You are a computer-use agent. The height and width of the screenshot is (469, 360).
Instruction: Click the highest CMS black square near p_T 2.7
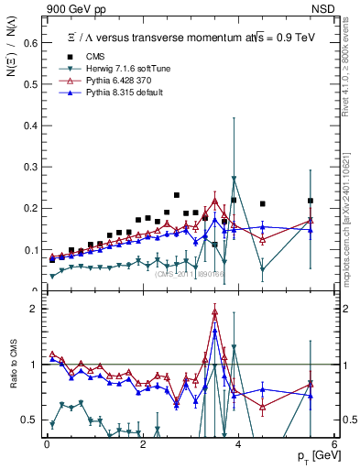176,195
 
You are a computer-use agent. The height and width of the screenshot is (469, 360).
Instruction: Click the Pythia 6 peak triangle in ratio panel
215,312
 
